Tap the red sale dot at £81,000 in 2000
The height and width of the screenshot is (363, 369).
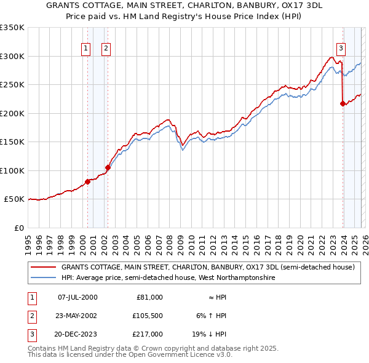(x=87, y=181)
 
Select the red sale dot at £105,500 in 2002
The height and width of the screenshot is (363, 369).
(x=108, y=167)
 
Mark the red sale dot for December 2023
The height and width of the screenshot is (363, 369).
(x=343, y=103)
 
